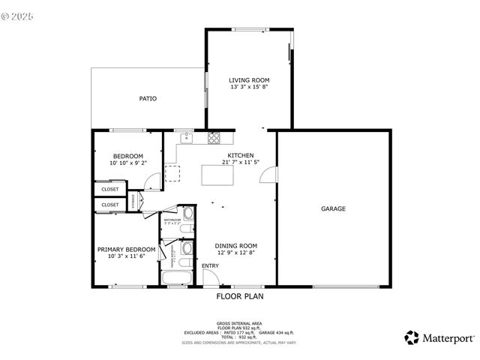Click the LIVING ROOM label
point(249,80)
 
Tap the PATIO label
point(148,98)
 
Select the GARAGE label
point(334,208)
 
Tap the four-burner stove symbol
point(214,137)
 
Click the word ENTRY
point(210,266)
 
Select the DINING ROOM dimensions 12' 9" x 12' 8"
point(236,253)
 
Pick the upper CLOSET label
point(110,189)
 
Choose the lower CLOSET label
point(110,204)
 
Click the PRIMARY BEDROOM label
point(126,249)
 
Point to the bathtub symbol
point(177,279)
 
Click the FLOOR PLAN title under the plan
point(240,296)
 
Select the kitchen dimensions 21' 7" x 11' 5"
point(241,162)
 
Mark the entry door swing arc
point(211,277)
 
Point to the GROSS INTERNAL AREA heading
point(240,323)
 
